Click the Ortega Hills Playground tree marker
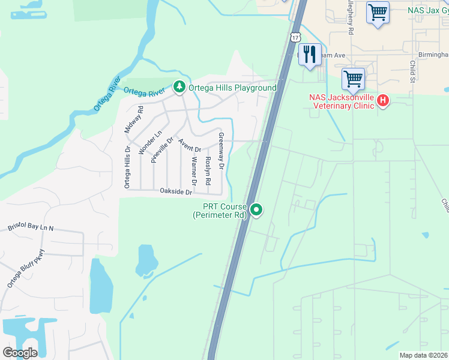[179, 88]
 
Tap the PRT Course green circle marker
[256, 209]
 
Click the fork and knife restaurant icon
[310, 55]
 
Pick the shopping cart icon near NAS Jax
[378, 13]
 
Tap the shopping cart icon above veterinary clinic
[353, 79]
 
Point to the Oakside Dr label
[176, 192]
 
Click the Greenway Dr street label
[221, 150]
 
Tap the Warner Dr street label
[193, 170]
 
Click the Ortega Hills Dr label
[127, 167]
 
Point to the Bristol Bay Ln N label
[31, 227]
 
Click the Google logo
[20, 353]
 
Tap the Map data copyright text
[424, 355]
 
